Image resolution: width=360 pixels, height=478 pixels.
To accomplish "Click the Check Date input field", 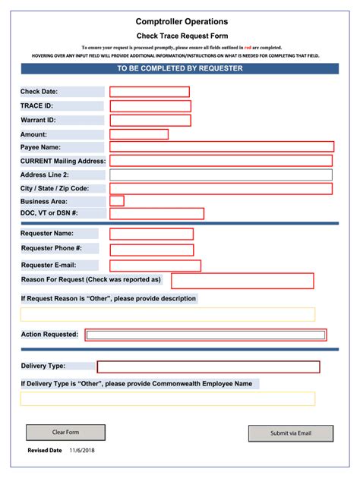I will coord(150,92).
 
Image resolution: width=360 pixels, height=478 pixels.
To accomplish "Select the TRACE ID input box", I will coord(150,106).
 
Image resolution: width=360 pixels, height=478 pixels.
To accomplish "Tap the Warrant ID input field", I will coord(150,120).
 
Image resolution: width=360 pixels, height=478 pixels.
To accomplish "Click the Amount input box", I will coord(139,134).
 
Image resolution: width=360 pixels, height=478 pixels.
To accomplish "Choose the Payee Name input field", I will coord(222,147).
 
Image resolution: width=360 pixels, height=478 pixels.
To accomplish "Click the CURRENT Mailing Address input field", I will coord(221,161).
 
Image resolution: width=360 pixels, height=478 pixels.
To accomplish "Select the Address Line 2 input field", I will coord(221,175).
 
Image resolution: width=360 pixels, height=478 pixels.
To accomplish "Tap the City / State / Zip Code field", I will coord(221,188).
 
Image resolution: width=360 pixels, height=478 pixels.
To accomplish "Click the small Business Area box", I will coord(117,201).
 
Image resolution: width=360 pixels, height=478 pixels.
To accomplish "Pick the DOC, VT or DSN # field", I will coord(157,214).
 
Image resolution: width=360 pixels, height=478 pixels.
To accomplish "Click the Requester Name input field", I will coord(152,234).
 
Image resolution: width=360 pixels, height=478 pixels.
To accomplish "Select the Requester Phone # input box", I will coord(152,249).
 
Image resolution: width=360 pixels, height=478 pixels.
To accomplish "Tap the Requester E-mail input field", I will coord(156,266).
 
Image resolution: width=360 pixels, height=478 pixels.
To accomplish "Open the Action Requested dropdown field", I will coord(206,335).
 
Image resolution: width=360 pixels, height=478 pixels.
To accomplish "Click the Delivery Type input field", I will coord(208,366).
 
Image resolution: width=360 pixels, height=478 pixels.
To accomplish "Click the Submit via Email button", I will coord(291,433).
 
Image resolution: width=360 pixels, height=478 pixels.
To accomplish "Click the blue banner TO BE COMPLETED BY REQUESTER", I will coord(180,68).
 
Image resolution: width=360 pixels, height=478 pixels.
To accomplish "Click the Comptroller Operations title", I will coord(182,22).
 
